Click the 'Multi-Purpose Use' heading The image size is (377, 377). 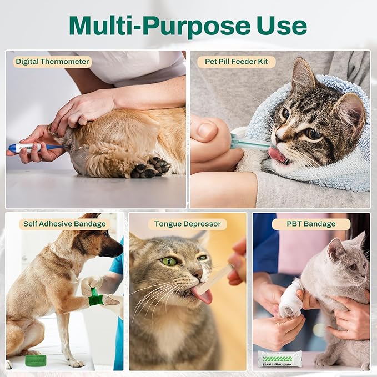click(188, 26)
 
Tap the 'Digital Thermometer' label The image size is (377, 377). click(52, 62)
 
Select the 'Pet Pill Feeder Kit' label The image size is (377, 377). click(240, 62)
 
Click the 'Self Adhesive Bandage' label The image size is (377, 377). click(64, 224)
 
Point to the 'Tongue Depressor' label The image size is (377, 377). click(187, 224)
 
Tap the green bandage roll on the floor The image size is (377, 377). click(36, 360)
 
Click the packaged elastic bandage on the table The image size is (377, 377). click(280, 359)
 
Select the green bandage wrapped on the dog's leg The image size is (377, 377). click(95, 299)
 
